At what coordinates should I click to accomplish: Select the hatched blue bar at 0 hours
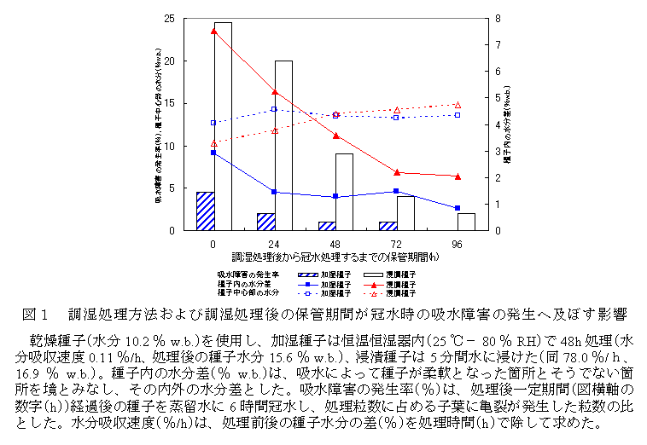pyautogui.click(x=205, y=211)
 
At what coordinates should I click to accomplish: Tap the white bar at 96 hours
pyautogui.click(x=466, y=222)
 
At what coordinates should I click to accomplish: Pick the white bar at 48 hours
pyautogui.click(x=344, y=192)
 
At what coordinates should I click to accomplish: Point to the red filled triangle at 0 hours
pyautogui.click(x=213, y=31)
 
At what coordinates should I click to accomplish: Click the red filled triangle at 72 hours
pyautogui.click(x=397, y=172)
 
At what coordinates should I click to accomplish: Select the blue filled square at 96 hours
pyautogui.click(x=458, y=208)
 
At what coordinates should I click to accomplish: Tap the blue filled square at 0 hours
pyautogui.click(x=213, y=153)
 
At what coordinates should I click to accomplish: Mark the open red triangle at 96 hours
pyautogui.click(x=458, y=105)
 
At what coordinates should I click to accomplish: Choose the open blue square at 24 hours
pyautogui.click(x=274, y=109)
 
